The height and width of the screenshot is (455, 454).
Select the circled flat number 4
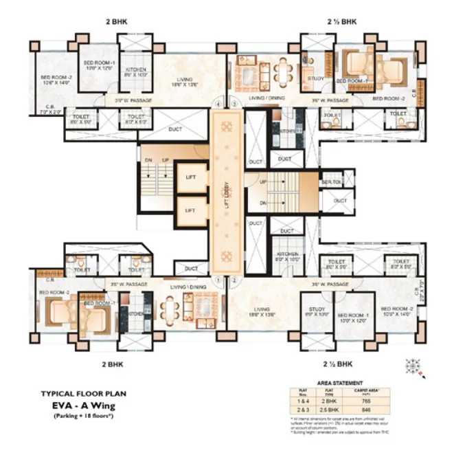[218, 104]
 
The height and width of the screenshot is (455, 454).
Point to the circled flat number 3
[234, 104]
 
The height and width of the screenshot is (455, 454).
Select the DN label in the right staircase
[263, 203]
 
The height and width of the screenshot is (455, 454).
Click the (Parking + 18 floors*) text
[83, 417]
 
